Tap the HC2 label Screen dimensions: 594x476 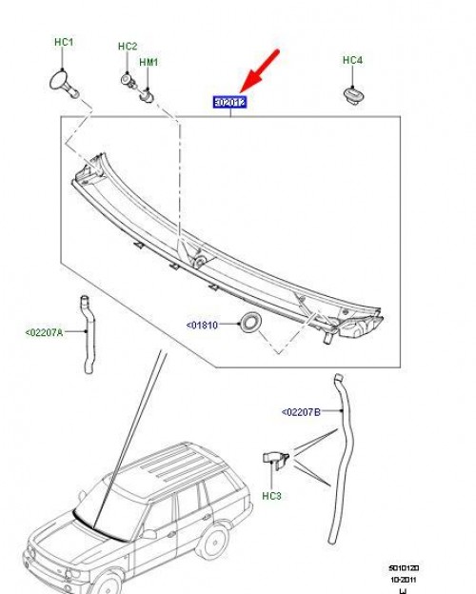128,46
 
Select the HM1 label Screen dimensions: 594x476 149,62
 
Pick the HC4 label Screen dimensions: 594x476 352,60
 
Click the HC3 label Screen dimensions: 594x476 272,494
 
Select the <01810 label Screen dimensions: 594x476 202,325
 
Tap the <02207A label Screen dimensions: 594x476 44,332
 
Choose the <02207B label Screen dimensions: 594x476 301,412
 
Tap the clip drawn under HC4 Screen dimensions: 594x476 351,93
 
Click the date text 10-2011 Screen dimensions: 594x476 404,580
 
